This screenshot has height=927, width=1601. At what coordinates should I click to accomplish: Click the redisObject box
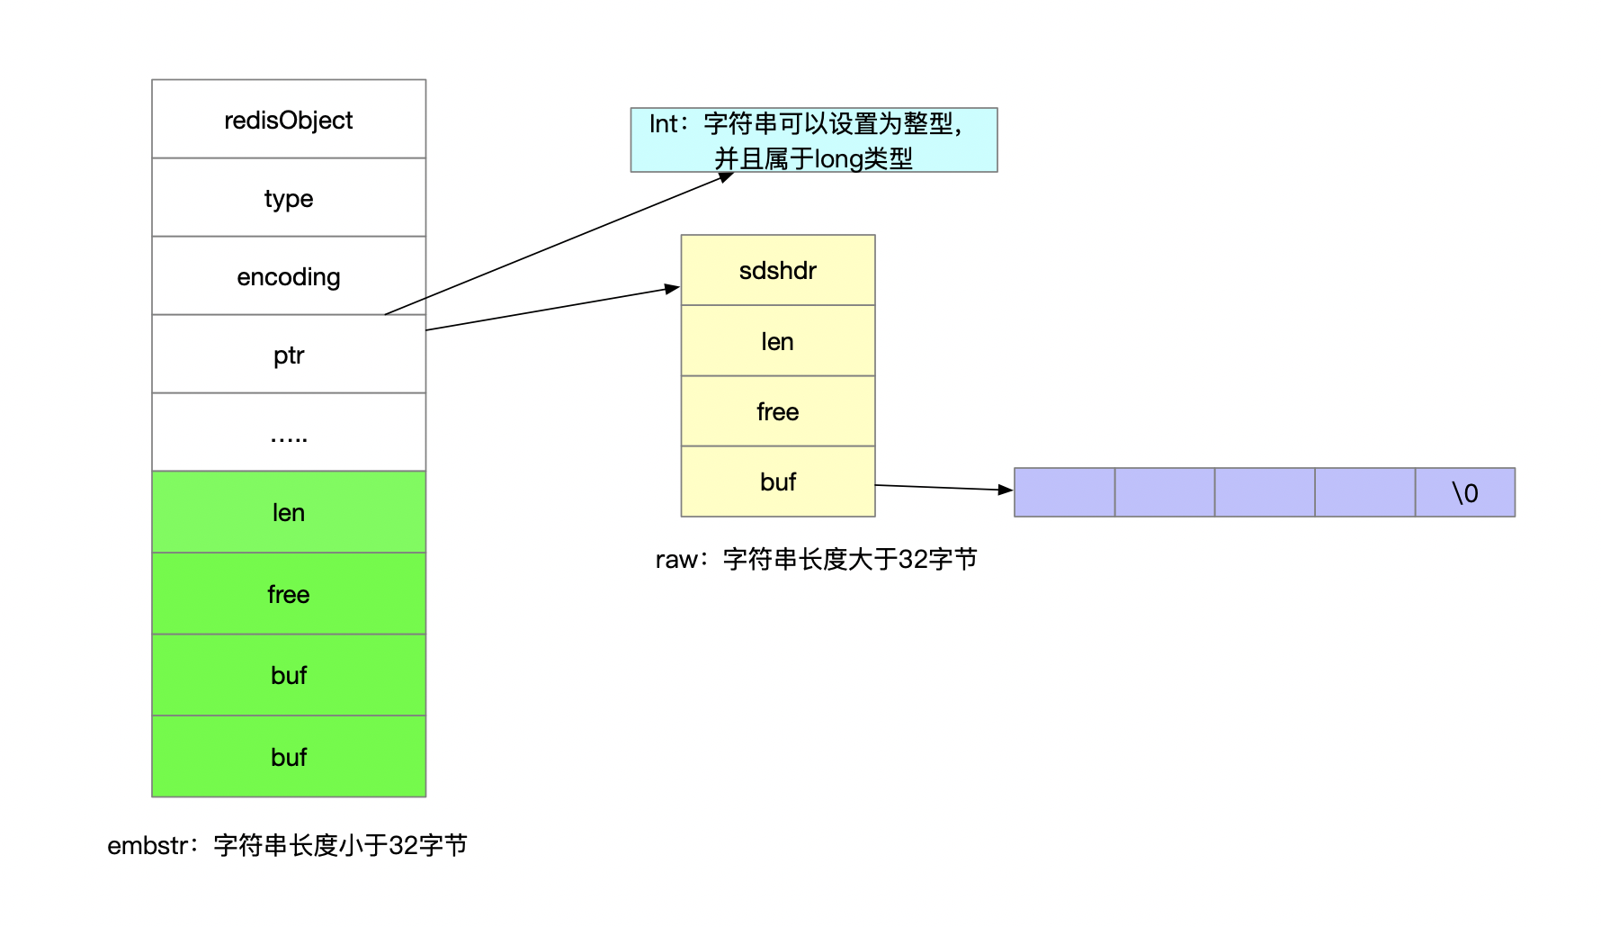[x=289, y=120]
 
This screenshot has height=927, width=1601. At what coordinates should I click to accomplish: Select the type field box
[x=289, y=198]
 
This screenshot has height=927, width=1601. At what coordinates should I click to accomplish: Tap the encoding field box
[x=289, y=276]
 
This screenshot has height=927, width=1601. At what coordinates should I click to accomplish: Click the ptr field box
[x=289, y=355]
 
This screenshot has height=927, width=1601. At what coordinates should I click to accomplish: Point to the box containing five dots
[x=289, y=433]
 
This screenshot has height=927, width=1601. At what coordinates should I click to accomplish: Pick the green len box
[x=289, y=512]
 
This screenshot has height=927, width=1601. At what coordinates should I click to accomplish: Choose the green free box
[x=289, y=594]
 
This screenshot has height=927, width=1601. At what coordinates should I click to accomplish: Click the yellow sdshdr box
[x=778, y=270]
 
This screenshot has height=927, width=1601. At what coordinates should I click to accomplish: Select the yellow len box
[x=778, y=341]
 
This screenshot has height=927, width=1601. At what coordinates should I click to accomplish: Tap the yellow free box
[x=778, y=411]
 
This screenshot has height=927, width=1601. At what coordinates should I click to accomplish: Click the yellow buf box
[x=778, y=481]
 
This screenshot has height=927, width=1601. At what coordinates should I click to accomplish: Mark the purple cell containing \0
[x=1465, y=492]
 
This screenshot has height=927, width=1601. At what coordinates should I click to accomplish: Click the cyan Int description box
[x=814, y=139]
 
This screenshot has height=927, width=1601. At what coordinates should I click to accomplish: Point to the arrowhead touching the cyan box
[x=726, y=176]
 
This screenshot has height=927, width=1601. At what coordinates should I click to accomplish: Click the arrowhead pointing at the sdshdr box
[x=672, y=288]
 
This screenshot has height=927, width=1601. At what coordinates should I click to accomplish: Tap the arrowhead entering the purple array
[x=1006, y=490]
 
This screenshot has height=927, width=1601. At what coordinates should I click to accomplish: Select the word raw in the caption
[x=675, y=560]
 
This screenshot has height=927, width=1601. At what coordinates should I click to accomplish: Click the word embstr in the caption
[x=148, y=846]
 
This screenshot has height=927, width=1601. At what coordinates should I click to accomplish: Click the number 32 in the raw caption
[x=914, y=560]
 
